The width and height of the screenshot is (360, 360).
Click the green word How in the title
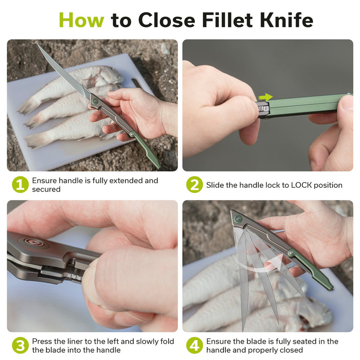[x=81, y=20]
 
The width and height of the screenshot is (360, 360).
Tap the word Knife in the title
[x=287, y=20]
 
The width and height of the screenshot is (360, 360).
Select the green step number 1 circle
[x=20, y=184]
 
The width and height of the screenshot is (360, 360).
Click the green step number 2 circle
[x=194, y=184]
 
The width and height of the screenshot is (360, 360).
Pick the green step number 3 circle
[x=20, y=345]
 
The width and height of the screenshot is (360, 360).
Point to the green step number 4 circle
[x=194, y=345]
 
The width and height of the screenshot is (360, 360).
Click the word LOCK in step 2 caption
[x=301, y=185]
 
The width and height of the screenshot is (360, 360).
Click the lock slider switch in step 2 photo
[x=263, y=108]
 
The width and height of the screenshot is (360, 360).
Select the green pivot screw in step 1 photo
[x=94, y=101]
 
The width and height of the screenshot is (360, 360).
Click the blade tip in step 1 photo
[x=38, y=44]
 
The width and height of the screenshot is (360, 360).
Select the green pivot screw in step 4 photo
[x=238, y=219]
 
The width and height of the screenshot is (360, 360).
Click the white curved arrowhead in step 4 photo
[x=279, y=263]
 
